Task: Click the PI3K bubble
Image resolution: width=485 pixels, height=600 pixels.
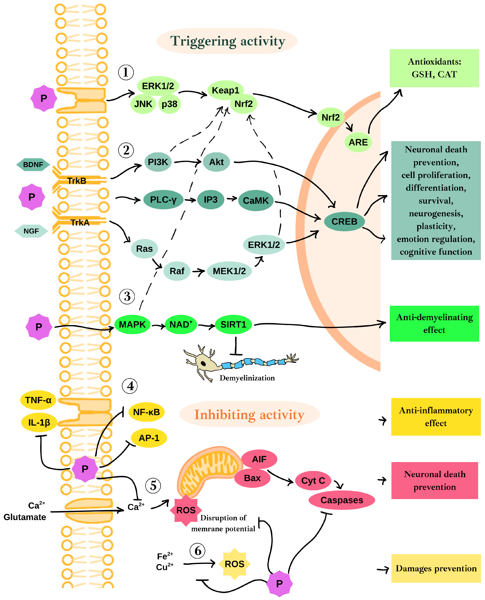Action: [x=158, y=162]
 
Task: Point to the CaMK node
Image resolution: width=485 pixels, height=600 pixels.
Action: [x=256, y=201]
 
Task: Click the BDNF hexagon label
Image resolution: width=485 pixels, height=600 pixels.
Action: [x=33, y=165]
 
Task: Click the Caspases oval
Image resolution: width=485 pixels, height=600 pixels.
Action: [x=342, y=500]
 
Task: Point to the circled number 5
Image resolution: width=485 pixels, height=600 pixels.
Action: [x=153, y=486]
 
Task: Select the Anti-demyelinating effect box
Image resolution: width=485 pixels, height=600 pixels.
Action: [x=434, y=324]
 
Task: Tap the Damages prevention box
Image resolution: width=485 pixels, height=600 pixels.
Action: [x=436, y=568]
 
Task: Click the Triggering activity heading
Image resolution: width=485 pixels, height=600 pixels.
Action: [x=228, y=41]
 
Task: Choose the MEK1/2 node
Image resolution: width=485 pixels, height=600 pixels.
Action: [x=229, y=271]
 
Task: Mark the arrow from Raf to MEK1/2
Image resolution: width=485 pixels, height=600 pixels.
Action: [x=199, y=271]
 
